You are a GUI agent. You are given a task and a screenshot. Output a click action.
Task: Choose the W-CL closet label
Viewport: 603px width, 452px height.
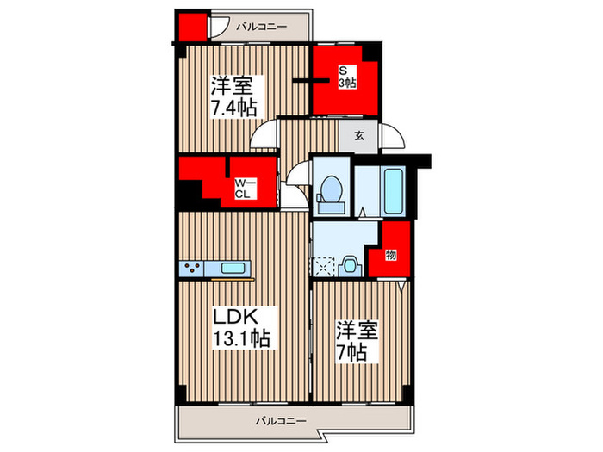coord(246,188)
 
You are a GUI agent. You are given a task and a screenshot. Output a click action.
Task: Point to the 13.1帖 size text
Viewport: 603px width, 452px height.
coord(241,339)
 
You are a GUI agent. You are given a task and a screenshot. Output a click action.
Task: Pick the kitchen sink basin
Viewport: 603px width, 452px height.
coord(233,268)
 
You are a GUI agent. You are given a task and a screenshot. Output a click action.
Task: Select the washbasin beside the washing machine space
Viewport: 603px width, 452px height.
coord(351,265)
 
